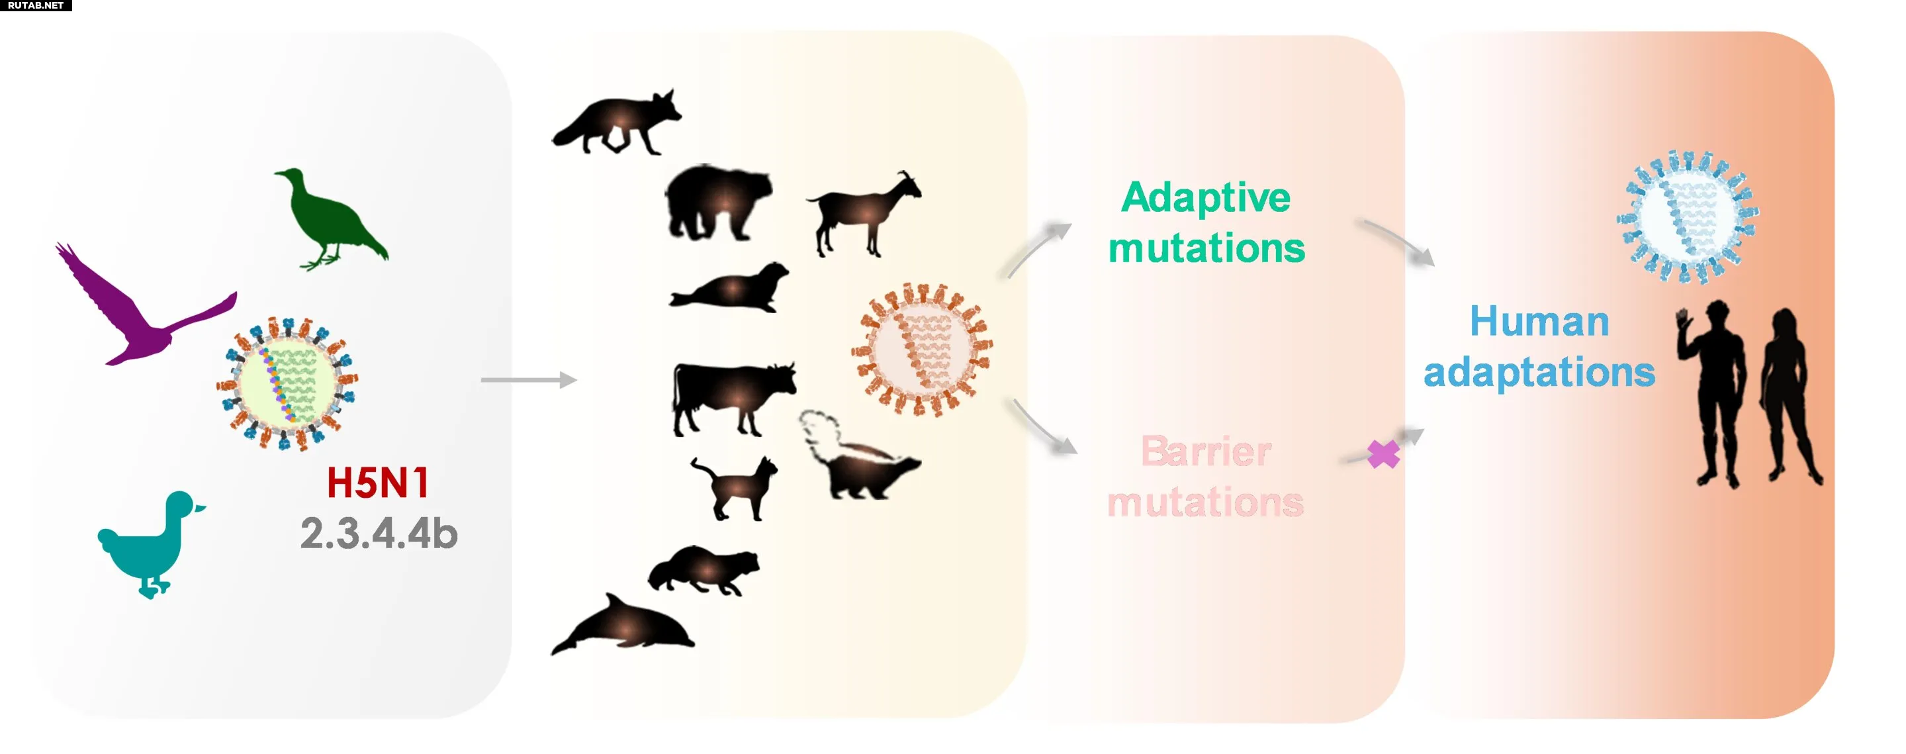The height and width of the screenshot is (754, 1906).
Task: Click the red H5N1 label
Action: click(378, 483)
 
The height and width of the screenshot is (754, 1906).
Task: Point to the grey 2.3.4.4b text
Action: click(379, 534)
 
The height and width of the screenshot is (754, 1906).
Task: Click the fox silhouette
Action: click(618, 122)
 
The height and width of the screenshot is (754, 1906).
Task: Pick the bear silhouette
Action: click(717, 202)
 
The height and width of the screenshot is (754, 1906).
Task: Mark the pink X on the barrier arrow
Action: click(1383, 454)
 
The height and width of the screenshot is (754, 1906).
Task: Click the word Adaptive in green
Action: click(1205, 199)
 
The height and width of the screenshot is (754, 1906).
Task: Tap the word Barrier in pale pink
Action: click(1206, 451)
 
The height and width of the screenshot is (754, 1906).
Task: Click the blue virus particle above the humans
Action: click(1688, 218)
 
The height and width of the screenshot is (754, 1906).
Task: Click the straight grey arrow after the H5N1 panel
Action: click(529, 381)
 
